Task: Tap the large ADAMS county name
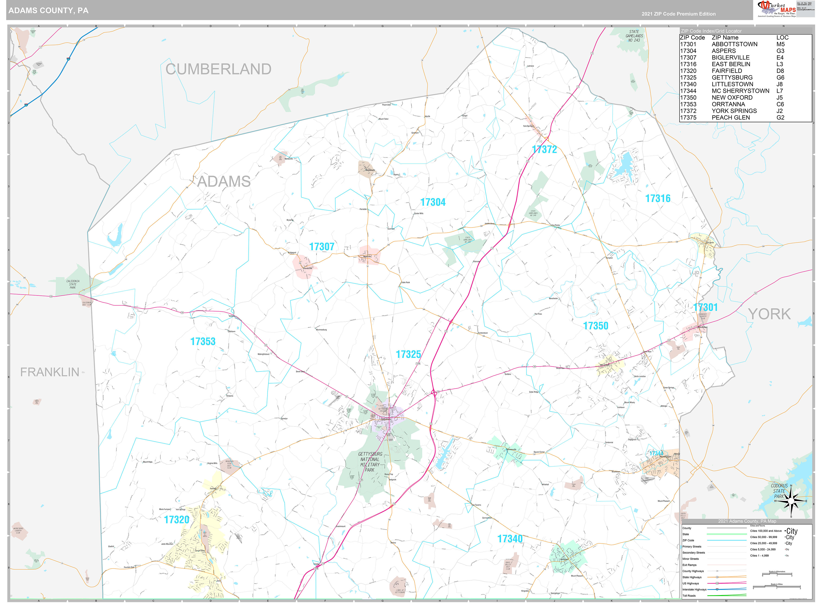click(224, 181)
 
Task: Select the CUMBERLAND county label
click(218, 69)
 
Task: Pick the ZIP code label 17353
click(203, 341)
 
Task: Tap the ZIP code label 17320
click(177, 520)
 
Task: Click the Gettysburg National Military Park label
click(370, 462)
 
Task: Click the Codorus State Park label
click(779, 491)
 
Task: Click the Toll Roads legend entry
click(689, 595)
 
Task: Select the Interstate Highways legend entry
click(694, 589)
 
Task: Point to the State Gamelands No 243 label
click(634, 36)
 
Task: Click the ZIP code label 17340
click(510, 538)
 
